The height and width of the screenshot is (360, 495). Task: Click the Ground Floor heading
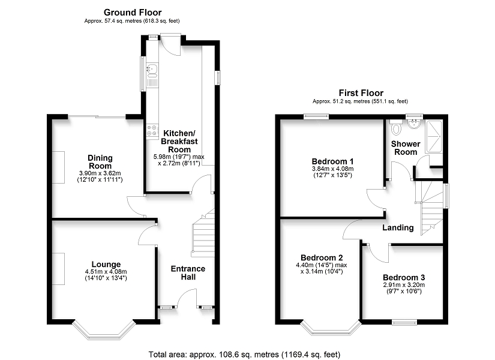point(133,13)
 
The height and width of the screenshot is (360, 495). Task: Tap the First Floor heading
point(361,93)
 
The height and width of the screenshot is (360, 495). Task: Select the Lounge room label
point(106,265)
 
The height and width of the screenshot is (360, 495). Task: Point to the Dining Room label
point(100,161)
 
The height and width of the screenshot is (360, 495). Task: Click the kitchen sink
point(152,70)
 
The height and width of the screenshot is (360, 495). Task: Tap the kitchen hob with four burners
point(152,130)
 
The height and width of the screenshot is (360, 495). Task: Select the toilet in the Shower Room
point(395,127)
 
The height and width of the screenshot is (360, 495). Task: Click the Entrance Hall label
point(188,273)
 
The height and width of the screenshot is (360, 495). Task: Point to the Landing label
point(398,227)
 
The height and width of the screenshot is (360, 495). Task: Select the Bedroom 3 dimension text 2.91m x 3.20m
point(404,284)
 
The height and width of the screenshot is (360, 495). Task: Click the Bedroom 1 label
point(332,161)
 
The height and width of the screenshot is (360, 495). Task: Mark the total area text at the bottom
point(244,355)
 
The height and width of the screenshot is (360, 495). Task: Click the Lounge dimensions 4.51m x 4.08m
point(106,272)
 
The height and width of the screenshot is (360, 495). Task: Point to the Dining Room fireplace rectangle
point(58,167)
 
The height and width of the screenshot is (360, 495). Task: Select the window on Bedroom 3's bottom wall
point(404,322)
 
